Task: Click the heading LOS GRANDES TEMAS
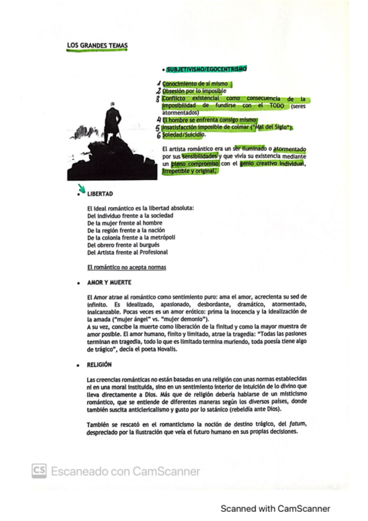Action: point(97,45)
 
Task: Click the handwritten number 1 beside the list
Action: point(159,84)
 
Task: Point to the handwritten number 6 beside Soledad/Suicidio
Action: point(159,135)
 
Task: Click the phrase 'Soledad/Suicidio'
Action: point(184,135)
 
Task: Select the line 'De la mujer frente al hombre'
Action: point(124,223)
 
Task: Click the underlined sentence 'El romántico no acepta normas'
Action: point(127,267)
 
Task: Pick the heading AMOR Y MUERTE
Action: point(108,284)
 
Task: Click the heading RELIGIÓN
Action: point(99,364)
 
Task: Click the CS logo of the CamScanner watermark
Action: point(39,471)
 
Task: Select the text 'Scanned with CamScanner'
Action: point(275,509)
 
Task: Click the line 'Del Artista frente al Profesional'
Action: point(128,252)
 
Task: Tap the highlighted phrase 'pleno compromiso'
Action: point(191,165)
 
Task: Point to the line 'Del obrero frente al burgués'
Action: point(123,245)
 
